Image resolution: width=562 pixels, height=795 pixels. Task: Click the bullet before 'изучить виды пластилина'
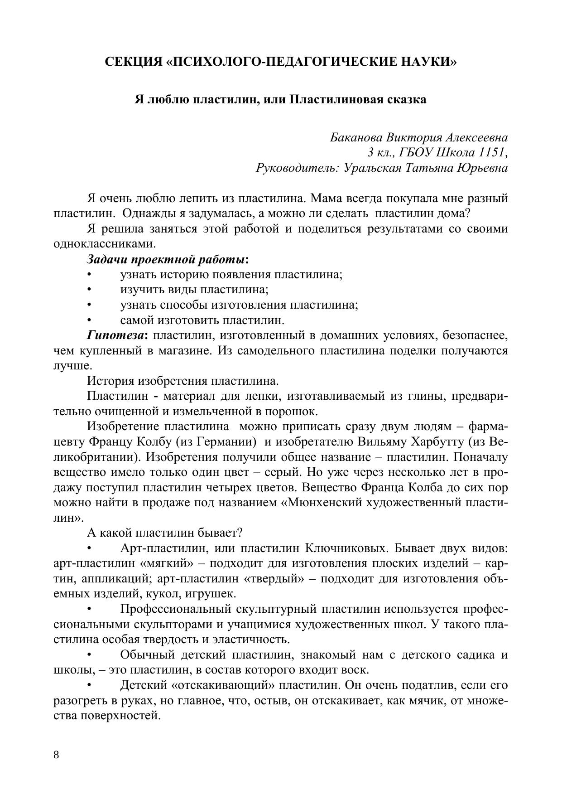click(89, 290)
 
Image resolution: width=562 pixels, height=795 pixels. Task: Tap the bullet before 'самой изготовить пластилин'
click(89, 320)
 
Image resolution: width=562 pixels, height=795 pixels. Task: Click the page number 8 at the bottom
click(56, 754)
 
